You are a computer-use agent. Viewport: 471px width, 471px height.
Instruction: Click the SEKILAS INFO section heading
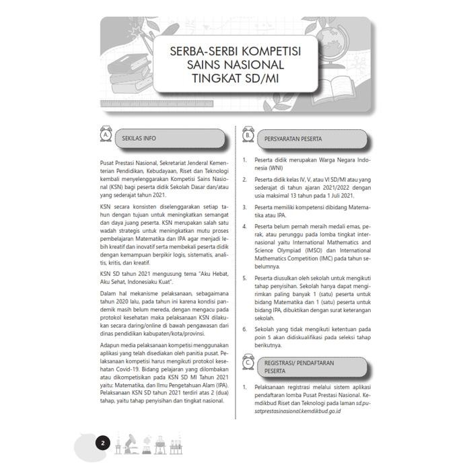tap(139, 138)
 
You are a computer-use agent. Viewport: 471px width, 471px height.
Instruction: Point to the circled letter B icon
tap(248, 137)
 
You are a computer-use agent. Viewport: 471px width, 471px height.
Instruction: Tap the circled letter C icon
tap(248, 363)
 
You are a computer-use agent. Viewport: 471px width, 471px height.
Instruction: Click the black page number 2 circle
tap(102, 443)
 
